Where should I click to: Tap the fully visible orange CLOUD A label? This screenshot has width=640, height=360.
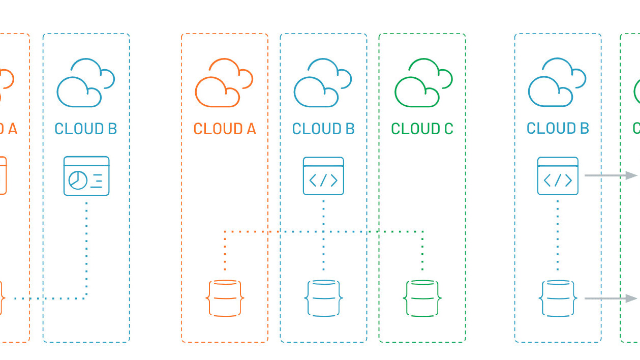pos(225,129)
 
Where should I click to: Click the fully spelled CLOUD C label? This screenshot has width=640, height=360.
pos(422,129)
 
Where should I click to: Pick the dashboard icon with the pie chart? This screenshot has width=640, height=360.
pos(86,176)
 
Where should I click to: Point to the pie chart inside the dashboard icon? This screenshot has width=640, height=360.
pos(78,180)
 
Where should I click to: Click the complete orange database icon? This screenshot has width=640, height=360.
pos(225,298)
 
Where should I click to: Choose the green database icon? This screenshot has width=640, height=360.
pos(422,298)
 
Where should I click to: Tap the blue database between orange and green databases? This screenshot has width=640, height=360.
pos(323,298)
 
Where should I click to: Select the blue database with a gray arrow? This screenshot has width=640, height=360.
pos(558,298)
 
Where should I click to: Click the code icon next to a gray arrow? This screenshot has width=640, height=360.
pos(558,176)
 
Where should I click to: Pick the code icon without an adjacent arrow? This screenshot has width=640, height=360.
pos(323,176)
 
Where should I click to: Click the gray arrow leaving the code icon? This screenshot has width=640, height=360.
pos(610,175)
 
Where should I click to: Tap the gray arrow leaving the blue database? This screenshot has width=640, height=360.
pos(610,298)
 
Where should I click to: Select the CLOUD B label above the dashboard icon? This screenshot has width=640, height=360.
pos(86,129)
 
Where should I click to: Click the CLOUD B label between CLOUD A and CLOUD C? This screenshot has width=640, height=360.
pos(323,129)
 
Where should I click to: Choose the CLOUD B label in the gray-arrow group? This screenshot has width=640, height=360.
pos(558,129)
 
